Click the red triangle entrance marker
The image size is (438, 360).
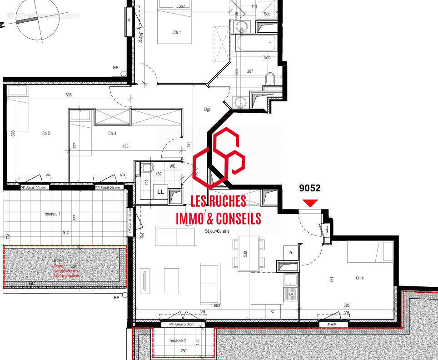[x=310, y=203]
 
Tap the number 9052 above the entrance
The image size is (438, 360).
[x=310, y=188]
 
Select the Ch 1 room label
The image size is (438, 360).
[x=177, y=33]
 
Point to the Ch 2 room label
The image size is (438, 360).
[x=46, y=133]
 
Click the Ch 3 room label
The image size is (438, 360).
[x=112, y=133]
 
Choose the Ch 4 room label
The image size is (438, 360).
[x=360, y=278]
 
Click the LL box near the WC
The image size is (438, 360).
[x=160, y=192]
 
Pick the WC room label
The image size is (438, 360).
[x=173, y=166]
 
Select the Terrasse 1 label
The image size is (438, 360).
[x=52, y=214]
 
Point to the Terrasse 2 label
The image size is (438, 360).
[x=178, y=340]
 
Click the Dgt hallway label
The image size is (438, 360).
[x=207, y=110]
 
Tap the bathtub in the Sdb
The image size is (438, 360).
[x=256, y=44]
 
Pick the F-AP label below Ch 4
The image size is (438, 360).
[x=332, y=325]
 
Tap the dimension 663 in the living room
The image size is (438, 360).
[x=217, y=305]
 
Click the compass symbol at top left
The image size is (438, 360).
[x=37, y=21]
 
